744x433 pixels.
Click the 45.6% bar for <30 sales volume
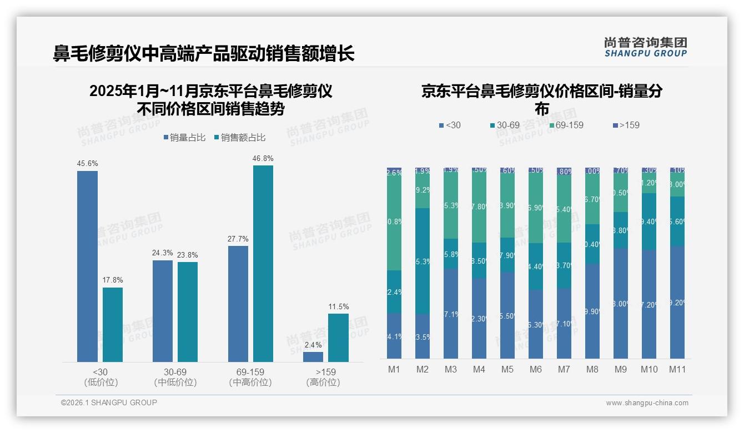pos(87,266)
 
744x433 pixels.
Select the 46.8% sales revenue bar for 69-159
pos(263,264)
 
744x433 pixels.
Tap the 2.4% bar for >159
pos(313,357)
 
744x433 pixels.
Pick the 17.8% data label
pos(112,280)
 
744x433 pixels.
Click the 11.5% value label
pos(338,307)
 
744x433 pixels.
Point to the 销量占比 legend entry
pos(184,138)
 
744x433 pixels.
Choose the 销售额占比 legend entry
pos(239,138)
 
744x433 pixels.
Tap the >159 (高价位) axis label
pos(323,377)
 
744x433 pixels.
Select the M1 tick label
pos(394,370)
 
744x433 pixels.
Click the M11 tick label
pos(677,370)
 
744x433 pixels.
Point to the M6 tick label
pos(535,370)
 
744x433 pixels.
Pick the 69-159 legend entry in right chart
pos(566,125)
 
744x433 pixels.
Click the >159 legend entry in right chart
pos(626,125)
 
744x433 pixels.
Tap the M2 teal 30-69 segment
pos(423,261)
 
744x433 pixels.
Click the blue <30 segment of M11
pos(677,303)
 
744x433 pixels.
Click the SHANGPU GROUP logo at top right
pos(645,47)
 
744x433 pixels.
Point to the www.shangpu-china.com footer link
pos(647,403)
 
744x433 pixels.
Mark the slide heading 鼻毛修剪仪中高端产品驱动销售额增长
pos(204,54)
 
